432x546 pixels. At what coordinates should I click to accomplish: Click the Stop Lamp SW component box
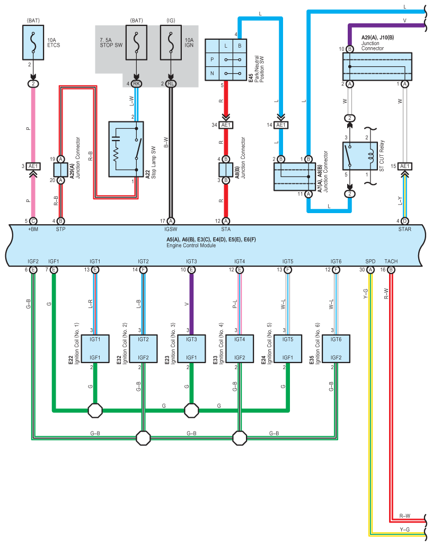pos(126,149)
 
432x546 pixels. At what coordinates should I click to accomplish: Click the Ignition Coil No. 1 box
pos(95,348)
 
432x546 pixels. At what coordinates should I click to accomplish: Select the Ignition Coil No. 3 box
pos(191,348)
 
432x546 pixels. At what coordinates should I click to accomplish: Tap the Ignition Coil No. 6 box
pos(336,348)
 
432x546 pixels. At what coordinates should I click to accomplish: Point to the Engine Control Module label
pos(190,246)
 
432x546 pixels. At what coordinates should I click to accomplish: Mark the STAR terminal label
pos(404,230)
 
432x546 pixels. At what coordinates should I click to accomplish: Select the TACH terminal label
pos(391,261)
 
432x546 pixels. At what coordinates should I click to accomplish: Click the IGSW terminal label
pos(171,230)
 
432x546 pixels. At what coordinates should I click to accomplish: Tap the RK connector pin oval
pos(137,83)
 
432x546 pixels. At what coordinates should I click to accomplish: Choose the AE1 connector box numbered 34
pos(226,125)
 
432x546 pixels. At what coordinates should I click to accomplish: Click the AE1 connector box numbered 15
pos(405,166)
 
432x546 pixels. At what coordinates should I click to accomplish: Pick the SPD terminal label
pos(371,261)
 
